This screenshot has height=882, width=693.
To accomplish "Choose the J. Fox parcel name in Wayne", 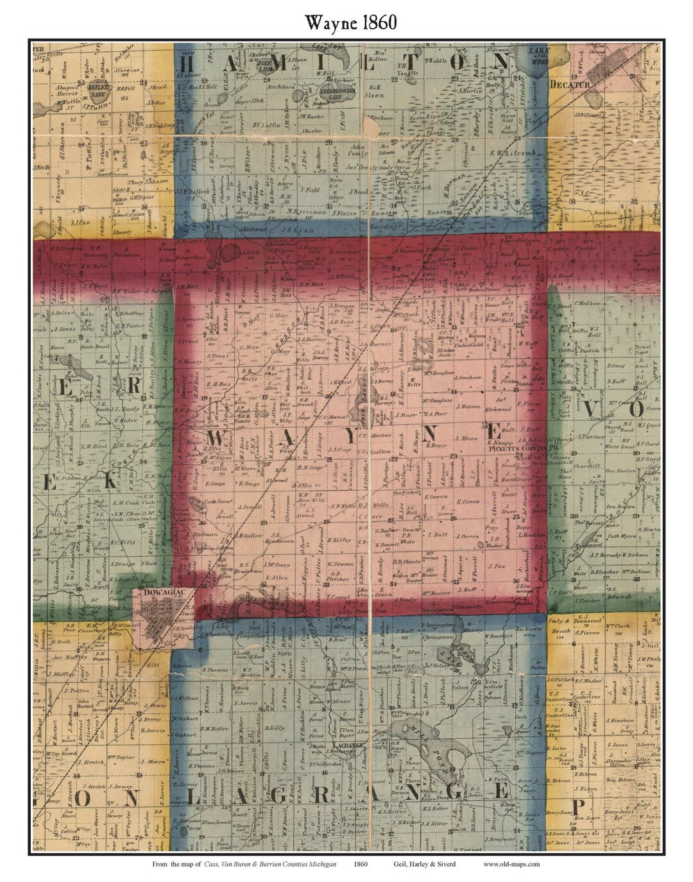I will [497, 566].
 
